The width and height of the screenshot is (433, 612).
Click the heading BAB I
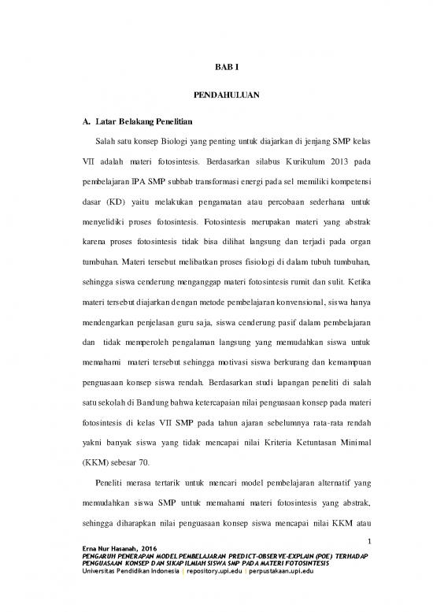point(216,68)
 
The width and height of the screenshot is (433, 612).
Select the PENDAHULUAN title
point(216,95)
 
